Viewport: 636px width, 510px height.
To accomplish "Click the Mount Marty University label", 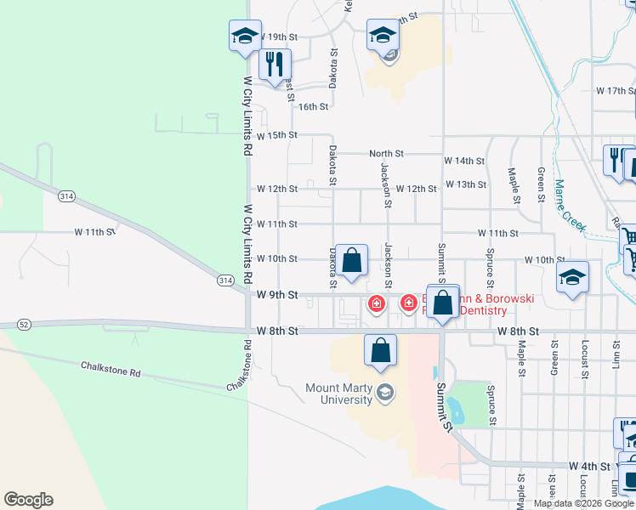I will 338,394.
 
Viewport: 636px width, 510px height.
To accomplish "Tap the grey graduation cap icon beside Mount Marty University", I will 384,391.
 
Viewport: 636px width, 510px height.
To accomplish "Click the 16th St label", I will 313,106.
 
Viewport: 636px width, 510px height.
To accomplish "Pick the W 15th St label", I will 276,135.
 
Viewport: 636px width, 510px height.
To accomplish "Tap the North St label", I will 385,154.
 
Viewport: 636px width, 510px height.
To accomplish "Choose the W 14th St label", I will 464,161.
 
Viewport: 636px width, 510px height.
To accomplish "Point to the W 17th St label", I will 615,90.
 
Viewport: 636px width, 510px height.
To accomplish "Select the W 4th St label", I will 589,467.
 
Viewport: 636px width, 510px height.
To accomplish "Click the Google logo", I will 28,500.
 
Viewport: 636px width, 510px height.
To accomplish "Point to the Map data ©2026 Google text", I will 583,503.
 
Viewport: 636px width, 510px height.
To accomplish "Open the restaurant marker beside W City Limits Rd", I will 275,65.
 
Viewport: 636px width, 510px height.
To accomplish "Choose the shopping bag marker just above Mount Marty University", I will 381,350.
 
